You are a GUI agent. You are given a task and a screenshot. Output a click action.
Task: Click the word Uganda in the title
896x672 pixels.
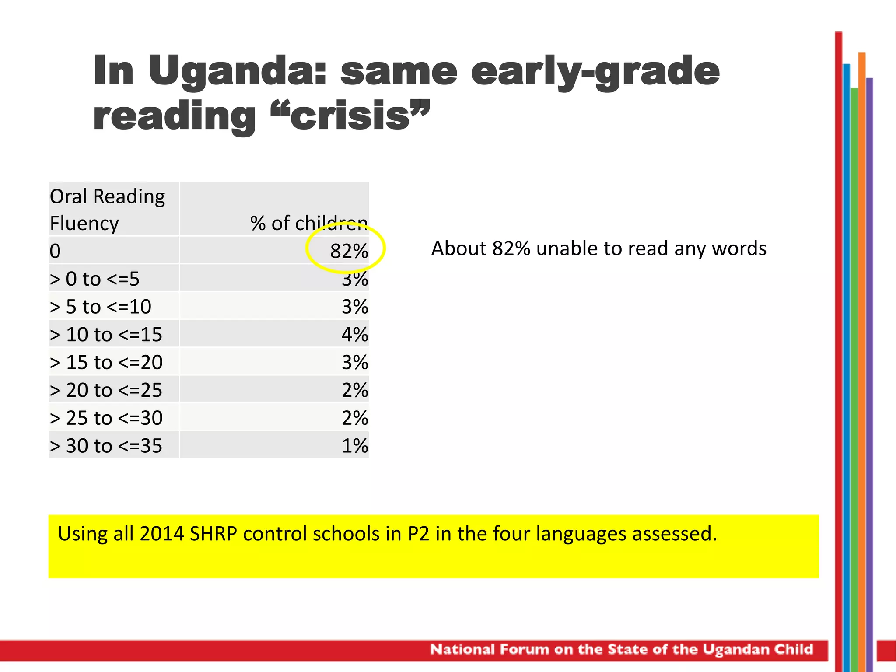[236, 71]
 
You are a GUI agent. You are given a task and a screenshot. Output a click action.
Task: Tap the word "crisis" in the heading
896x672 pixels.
[350, 116]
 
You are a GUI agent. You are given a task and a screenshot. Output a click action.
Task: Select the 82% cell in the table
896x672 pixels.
[349, 251]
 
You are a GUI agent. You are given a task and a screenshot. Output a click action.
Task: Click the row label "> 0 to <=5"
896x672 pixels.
[94, 279]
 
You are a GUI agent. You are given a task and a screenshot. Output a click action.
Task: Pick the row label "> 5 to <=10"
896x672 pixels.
[101, 307]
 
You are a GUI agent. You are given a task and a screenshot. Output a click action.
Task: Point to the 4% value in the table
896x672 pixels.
[354, 335]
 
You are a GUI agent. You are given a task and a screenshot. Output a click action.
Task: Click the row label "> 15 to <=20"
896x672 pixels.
[106, 363]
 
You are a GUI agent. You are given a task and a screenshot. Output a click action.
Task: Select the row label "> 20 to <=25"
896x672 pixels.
[106, 390]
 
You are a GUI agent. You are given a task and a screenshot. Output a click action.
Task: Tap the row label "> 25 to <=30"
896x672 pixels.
[106, 418]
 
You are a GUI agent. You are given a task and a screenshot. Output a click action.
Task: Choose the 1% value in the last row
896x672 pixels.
[354, 446]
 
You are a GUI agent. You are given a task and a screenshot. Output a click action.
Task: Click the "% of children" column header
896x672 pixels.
[308, 223]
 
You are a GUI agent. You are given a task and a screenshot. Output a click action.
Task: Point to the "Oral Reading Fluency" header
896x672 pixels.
[107, 210]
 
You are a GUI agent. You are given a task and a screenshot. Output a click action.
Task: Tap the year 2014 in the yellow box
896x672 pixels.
[161, 534]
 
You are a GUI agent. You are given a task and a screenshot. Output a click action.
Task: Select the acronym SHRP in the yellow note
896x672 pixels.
[213, 534]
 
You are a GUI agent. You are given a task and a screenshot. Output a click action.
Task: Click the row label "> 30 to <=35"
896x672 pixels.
[106, 446]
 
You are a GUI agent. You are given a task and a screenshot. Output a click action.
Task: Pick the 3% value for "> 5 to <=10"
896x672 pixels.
[354, 307]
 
